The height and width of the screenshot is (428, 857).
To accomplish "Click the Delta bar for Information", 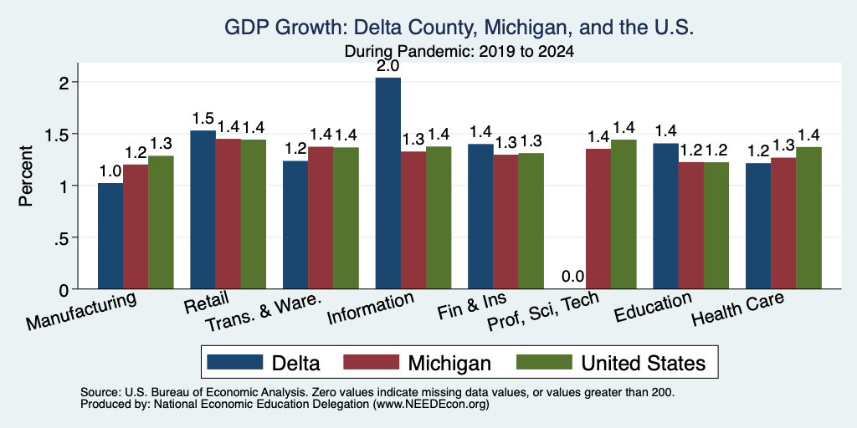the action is point(388,183).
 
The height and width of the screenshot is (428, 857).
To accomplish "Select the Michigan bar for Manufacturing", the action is point(136,227).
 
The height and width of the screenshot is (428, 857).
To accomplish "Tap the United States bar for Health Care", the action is point(809,218).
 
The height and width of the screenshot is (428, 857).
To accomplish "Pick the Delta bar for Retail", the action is point(203,210).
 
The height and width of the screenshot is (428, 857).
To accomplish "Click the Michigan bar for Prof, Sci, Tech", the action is point(598,219).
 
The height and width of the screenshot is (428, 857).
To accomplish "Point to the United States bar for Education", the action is point(716,226).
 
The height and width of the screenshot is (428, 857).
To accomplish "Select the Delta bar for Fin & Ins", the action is point(480,217).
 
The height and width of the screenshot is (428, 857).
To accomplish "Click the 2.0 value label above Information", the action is point(388,67).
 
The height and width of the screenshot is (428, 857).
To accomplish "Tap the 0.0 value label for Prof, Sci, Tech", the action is point(573,276).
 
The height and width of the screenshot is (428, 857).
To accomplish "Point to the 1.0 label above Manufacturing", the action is point(110,172).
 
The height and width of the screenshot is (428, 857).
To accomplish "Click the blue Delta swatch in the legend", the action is point(235,362).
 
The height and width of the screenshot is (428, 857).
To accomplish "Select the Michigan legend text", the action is point(449,363).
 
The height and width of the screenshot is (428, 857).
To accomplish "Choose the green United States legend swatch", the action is point(544,362).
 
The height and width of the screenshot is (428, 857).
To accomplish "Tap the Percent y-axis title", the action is point(26,176).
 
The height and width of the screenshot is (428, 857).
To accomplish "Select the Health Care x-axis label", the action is point(738,308).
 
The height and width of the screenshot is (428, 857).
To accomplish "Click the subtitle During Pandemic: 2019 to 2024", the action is point(459,52).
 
